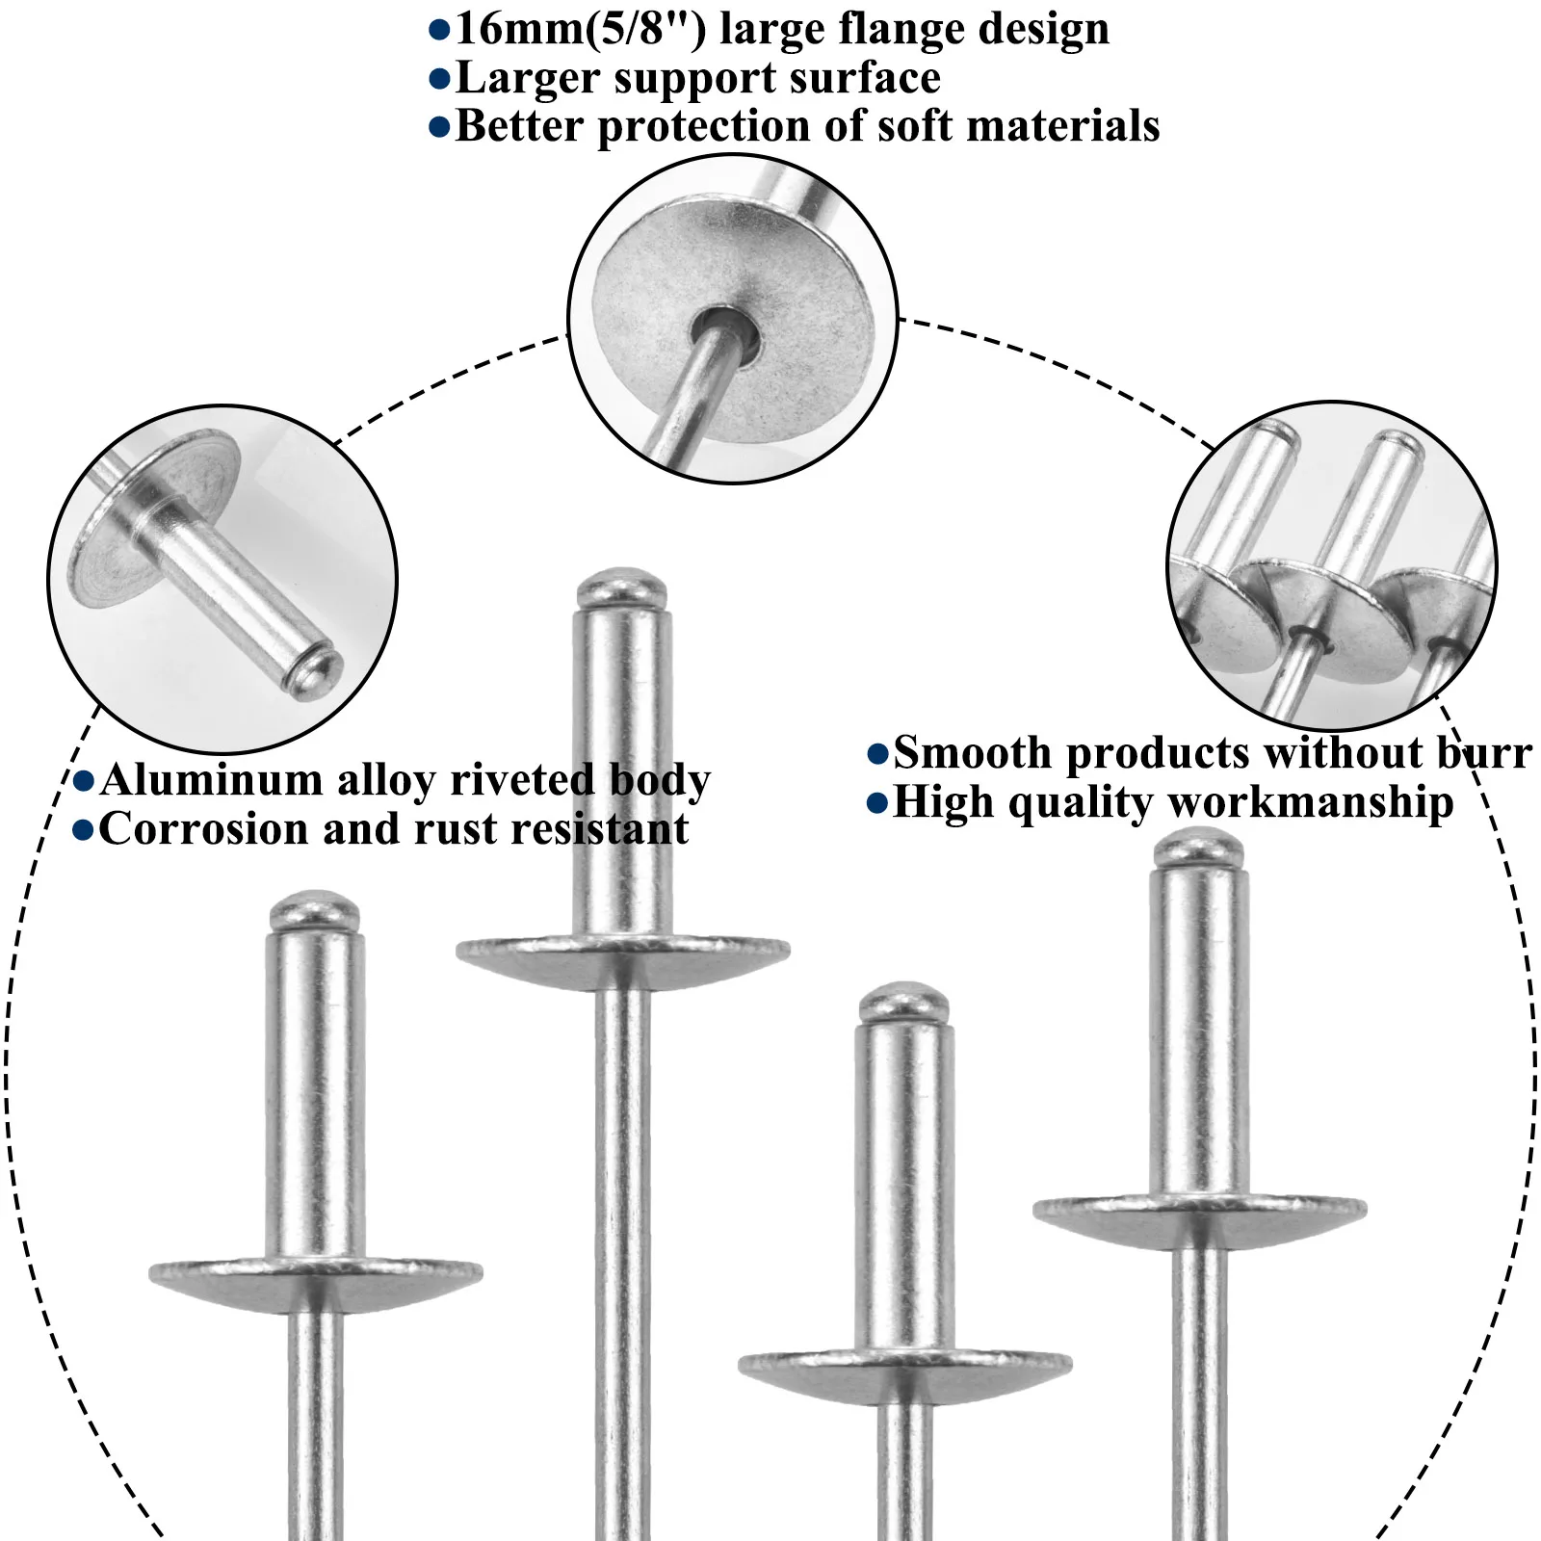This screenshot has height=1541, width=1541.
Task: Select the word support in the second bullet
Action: pyautogui.click(x=694, y=78)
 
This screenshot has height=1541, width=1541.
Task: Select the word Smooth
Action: pyautogui.click(x=972, y=753)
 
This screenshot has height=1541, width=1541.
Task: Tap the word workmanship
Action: pyautogui.click(x=1310, y=802)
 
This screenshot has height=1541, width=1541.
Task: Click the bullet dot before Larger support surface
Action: pyautogui.click(x=439, y=79)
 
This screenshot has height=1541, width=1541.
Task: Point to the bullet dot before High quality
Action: pyautogui.click(x=876, y=803)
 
